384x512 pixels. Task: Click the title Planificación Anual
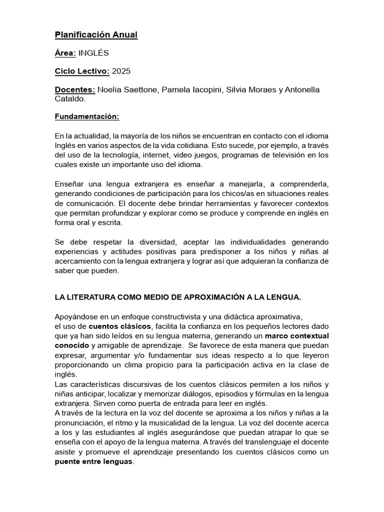coord(95,34)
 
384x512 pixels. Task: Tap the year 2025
coord(121,71)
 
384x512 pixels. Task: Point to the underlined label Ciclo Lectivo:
coord(82,71)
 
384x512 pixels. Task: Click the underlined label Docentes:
coord(75,89)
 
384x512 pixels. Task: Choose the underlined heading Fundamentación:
coord(87,117)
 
